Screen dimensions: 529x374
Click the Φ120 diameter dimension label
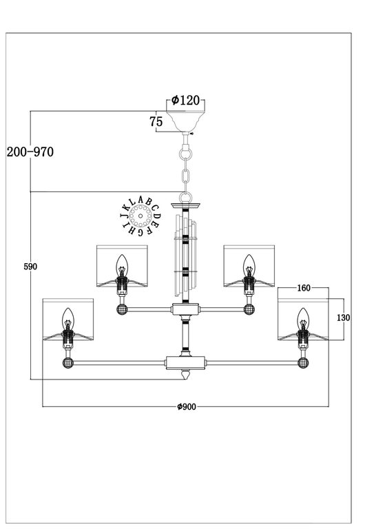(x=185, y=101)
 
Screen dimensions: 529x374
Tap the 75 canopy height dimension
(x=156, y=122)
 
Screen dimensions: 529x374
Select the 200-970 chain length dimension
(x=29, y=152)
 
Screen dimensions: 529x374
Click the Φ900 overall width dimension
(x=186, y=406)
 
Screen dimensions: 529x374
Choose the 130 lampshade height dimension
(x=344, y=318)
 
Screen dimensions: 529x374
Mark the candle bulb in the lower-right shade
(x=302, y=318)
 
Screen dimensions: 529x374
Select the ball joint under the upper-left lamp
(x=122, y=309)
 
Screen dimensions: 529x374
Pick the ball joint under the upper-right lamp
(x=248, y=309)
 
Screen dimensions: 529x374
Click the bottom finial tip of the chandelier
(x=185, y=377)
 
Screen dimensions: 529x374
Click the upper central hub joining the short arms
(x=185, y=310)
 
